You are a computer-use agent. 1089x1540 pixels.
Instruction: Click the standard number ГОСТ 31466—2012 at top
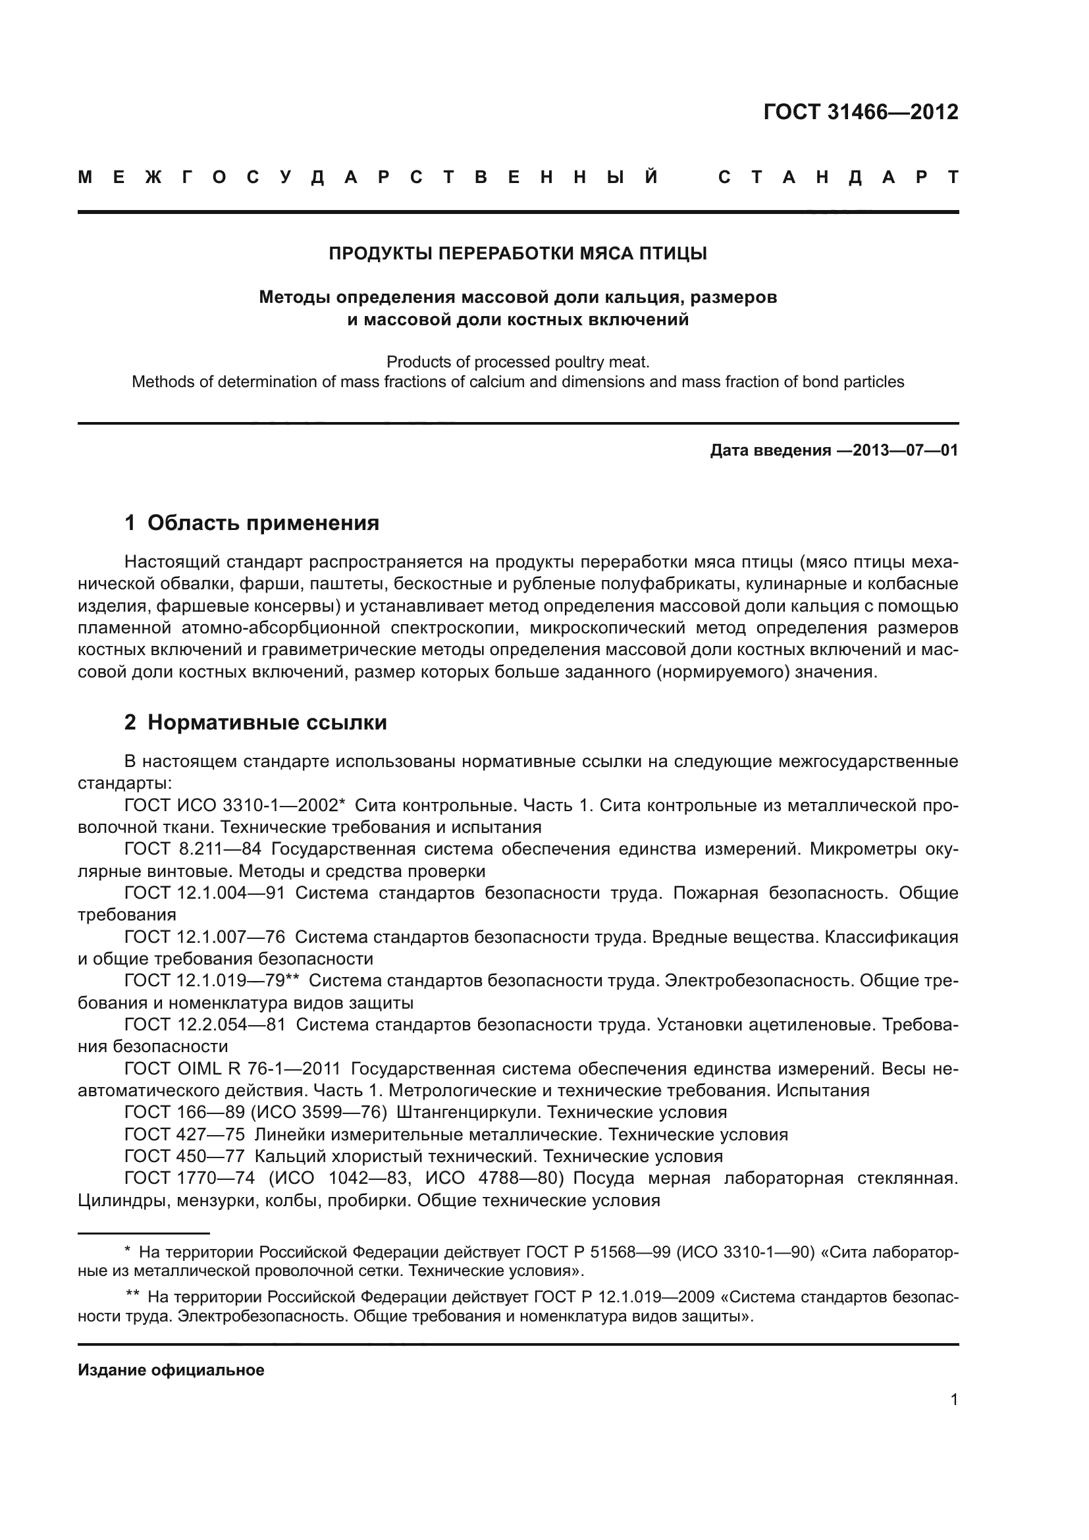pyautogui.click(x=861, y=112)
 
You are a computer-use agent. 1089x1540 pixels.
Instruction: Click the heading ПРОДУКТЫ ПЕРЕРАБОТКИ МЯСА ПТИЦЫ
pyautogui.click(x=518, y=253)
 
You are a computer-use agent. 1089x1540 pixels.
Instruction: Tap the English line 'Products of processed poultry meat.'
pyautogui.click(x=518, y=362)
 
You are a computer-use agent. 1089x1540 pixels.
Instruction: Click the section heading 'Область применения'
pyautogui.click(x=263, y=523)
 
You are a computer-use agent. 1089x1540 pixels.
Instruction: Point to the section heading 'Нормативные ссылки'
pyautogui.click(x=267, y=722)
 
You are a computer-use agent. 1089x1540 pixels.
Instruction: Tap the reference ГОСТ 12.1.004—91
pyautogui.click(x=205, y=893)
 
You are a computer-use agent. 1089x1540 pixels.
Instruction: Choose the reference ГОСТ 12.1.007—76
pyautogui.click(x=205, y=936)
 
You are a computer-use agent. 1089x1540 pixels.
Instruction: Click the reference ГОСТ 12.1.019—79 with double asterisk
pyautogui.click(x=211, y=980)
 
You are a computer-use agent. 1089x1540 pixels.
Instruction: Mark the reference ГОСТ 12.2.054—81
pyautogui.click(x=205, y=1024)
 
